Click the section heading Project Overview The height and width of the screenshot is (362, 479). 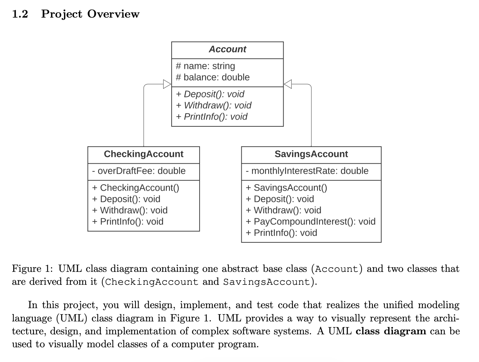point(90,14)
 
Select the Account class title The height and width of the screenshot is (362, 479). point(227,50)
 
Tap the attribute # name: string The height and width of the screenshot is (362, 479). point(205,66)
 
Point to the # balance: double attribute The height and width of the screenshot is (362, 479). point(213,77)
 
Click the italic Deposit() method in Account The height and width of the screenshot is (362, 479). point(210,94)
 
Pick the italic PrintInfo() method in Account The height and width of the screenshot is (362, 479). point(211,117)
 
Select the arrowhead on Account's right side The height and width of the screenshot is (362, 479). point(288,84)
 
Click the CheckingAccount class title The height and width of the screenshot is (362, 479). point(143,154)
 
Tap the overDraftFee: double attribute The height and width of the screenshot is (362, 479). point(139,171)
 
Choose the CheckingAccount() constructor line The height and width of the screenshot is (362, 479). point(135,188)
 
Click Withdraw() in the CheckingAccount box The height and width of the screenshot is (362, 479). point(130,210)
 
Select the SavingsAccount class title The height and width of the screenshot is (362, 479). point(311,154)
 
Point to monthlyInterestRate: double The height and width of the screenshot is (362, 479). point(307,171)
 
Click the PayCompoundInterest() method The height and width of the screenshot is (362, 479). point(310,222)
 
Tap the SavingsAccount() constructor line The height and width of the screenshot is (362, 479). point(286,188)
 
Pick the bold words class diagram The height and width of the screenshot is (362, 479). point(391,331)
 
